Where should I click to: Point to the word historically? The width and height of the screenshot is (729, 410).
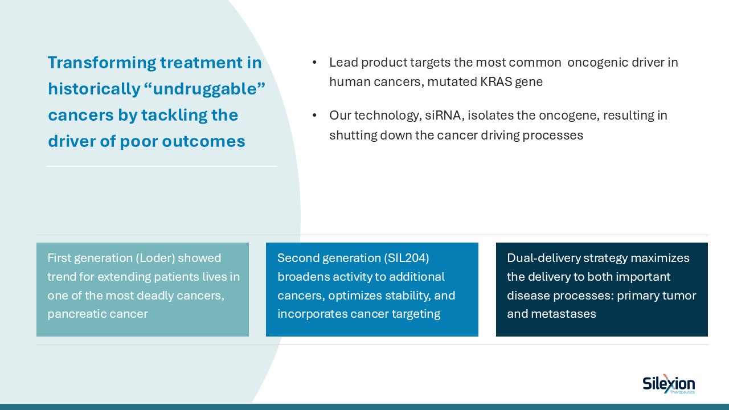tap(94, 89)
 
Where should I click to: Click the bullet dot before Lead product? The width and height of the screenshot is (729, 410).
tap(314, 63)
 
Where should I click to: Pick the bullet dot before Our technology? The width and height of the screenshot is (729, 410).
tap(314, 116)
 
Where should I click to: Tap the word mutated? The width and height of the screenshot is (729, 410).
tap(448, 82)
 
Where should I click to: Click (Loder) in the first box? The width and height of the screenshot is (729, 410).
tap(155, 258)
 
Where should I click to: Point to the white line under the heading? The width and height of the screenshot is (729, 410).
tap(162, 166)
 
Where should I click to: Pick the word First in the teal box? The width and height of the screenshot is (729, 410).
tap(59, 258)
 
